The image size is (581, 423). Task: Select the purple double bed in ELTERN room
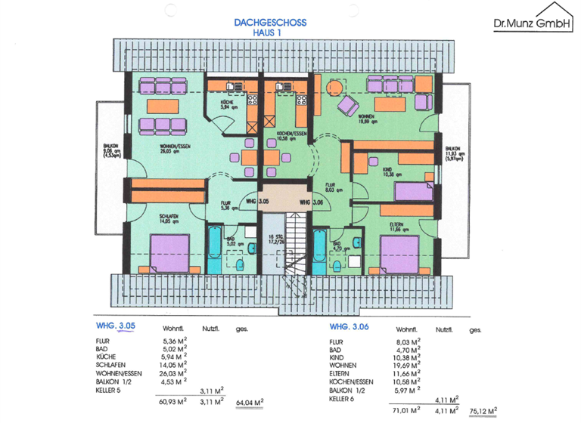399,255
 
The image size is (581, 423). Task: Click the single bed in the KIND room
412,191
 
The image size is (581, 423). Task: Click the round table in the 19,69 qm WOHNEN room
332,88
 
